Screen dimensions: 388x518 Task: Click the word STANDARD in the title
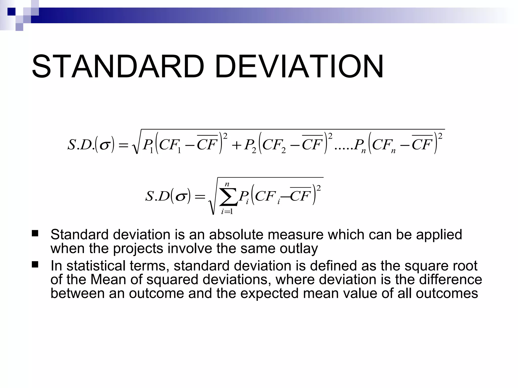coord(118,67)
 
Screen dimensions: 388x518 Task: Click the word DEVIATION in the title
coord(299,67)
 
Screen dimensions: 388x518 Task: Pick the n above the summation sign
coord(227,185)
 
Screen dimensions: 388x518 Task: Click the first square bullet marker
coord(35,233)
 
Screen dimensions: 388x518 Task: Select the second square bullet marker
coord(35,264)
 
